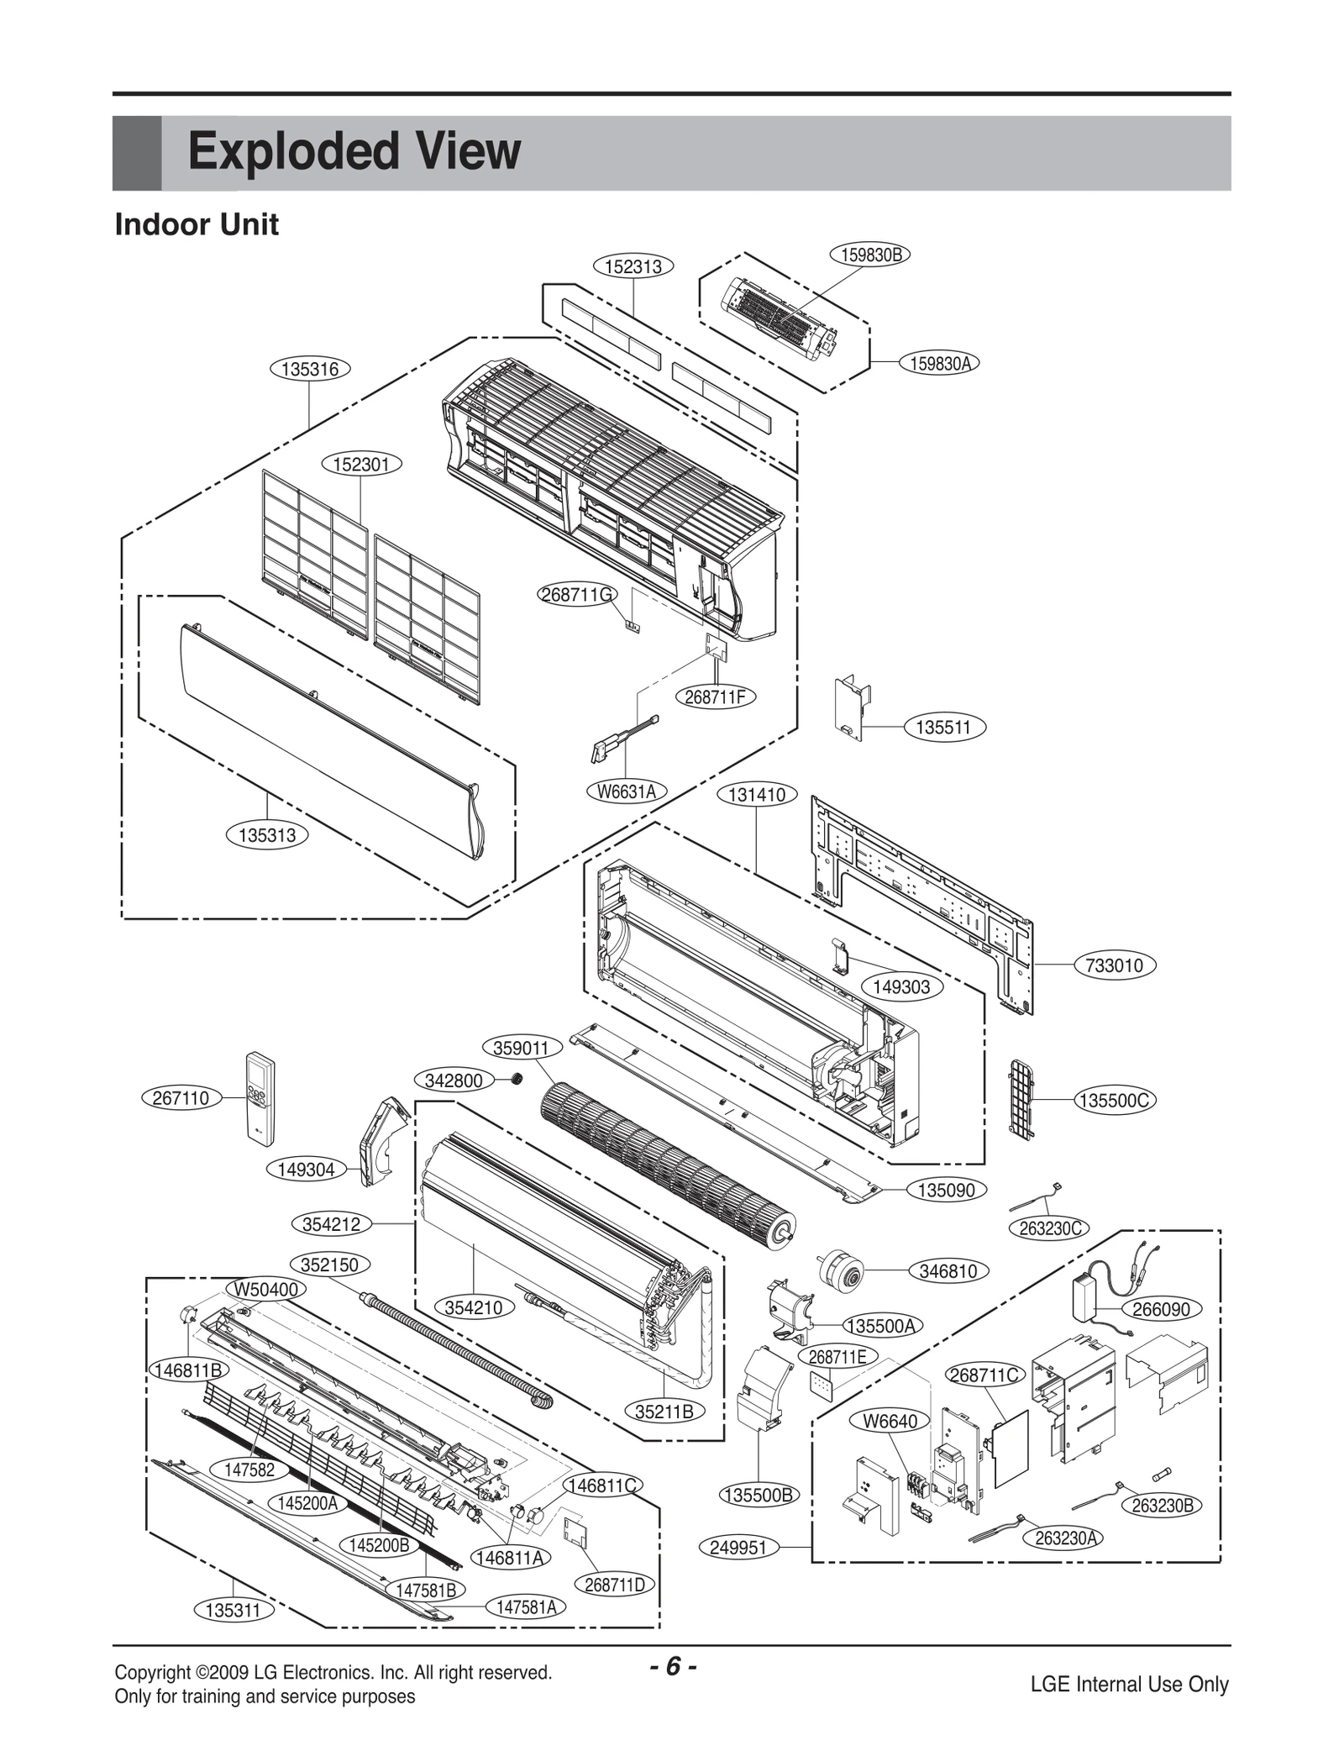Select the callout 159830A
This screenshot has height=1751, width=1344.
[940, 363]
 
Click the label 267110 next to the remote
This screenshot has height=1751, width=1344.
[180, 1097]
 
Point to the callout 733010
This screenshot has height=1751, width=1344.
[1114, 965]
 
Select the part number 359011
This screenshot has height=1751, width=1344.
[521, 1047]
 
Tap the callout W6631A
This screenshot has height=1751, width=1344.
[626, 791]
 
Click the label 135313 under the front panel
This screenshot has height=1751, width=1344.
[267, 834]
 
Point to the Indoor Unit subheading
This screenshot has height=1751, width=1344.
[197, 225]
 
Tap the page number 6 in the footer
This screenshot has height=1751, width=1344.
[672, 1664]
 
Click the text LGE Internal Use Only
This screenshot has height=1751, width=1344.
[1129, 1684]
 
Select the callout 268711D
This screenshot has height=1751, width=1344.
[615, 1584]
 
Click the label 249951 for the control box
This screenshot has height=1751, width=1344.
[738, 1547]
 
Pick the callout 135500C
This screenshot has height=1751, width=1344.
[1115, 1100]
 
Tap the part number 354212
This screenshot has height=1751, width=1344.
[331, 1223]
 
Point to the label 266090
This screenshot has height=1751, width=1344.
[1161, 1308]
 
